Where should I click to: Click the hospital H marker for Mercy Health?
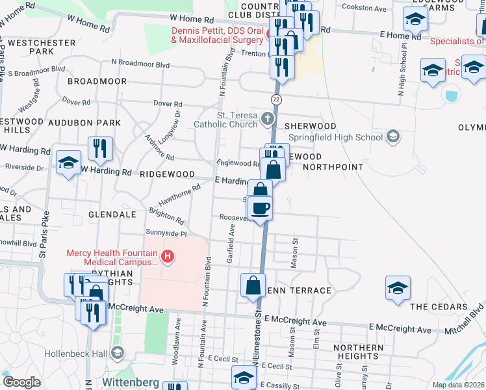coord(168,257)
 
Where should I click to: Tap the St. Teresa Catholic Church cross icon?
coord(268,119)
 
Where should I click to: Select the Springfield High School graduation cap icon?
coord(392,136)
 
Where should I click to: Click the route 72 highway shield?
coord(276,98)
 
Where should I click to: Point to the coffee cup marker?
coord(260,208)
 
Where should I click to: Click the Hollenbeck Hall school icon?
coord(117,353)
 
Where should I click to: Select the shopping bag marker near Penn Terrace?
coord(253,285)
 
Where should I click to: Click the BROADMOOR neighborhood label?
coord(97,81)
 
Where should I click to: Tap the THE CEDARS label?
coord(439,306)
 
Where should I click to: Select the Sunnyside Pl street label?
coord(166,233)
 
